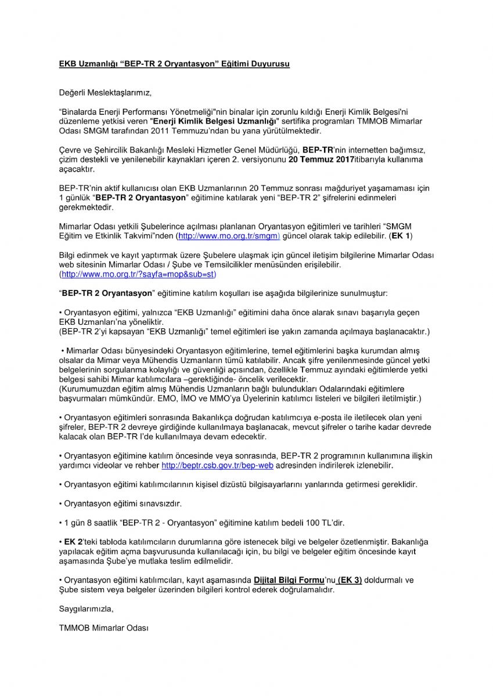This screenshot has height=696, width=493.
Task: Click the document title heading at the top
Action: [174, 64]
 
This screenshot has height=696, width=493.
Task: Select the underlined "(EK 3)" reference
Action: [350, 580]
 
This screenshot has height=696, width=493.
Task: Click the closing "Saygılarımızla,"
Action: [87, 609]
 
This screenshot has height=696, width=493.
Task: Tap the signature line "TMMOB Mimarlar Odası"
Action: [104, 628]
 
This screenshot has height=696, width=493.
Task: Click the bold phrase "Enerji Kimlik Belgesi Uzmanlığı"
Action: [214, 121]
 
